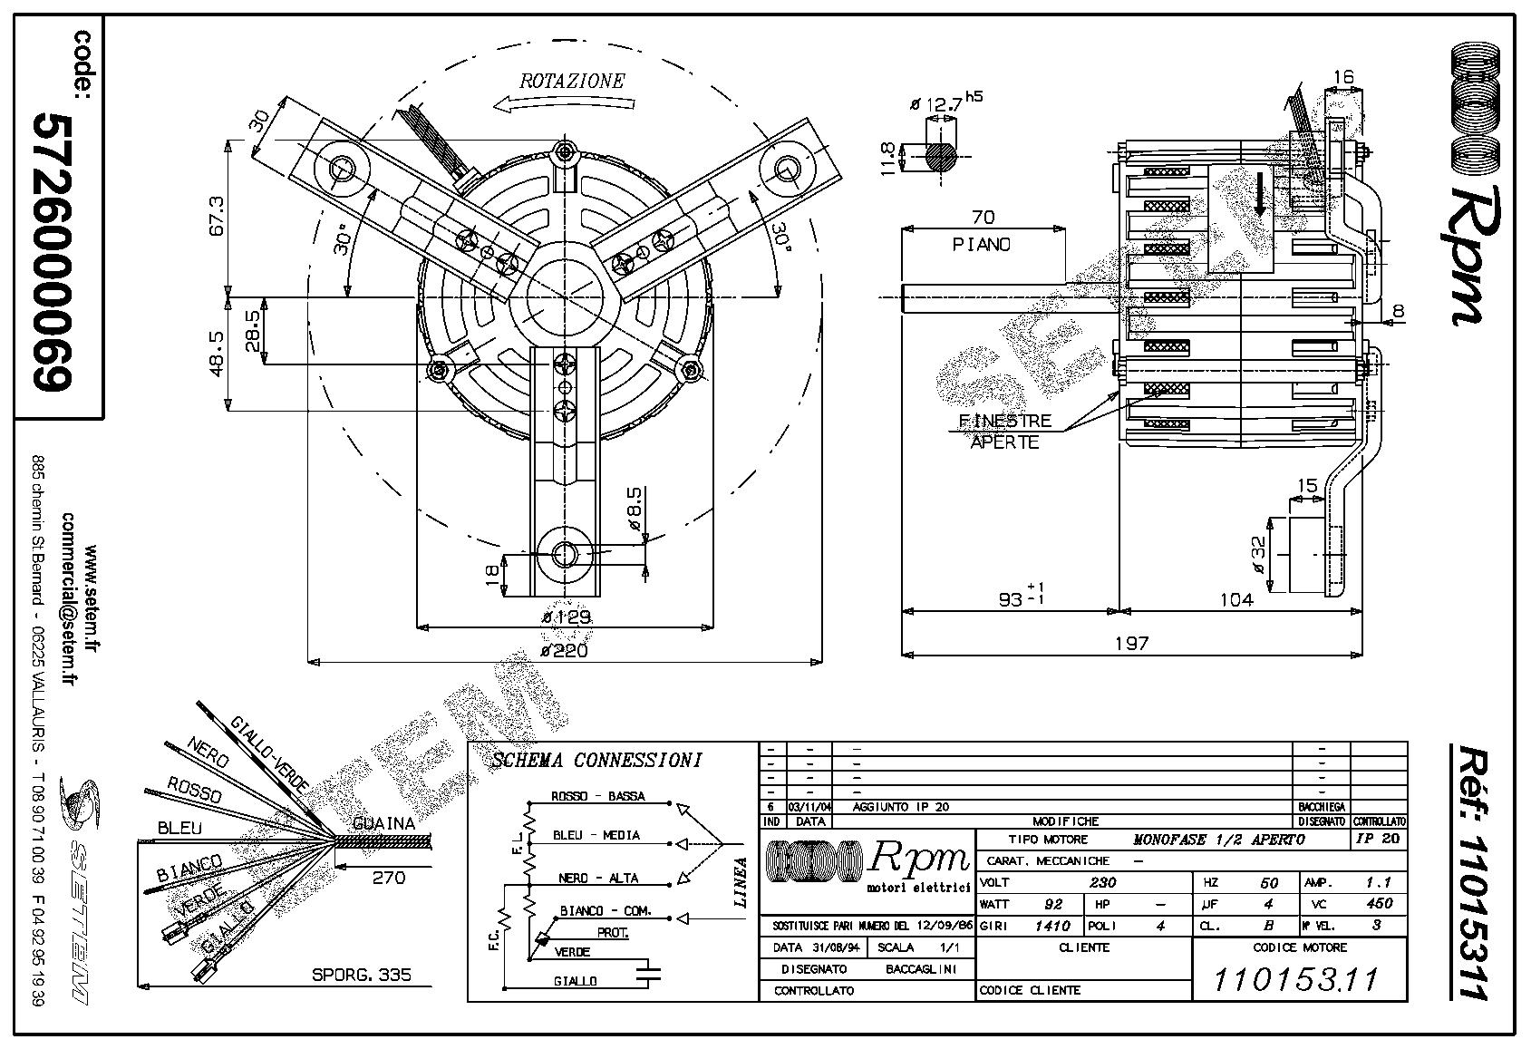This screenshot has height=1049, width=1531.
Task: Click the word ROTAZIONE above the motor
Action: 571,81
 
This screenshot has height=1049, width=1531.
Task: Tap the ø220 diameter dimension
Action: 564,649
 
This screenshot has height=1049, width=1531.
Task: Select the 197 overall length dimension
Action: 1131,643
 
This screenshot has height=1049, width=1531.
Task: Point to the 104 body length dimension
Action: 1235,599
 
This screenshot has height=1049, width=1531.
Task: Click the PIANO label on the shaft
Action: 982,245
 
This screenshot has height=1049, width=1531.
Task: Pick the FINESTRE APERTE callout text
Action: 1005,432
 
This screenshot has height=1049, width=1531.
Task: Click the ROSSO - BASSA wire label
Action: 598,796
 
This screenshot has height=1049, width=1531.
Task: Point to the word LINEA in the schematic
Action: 741,881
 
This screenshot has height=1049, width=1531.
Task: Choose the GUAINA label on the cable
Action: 383,824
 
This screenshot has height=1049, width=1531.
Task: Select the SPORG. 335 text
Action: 361,975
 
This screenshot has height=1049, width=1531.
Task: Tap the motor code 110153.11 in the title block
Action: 1295,979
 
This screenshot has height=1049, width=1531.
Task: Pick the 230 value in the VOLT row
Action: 1102,882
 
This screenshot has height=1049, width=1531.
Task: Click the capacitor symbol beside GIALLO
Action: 648,974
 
